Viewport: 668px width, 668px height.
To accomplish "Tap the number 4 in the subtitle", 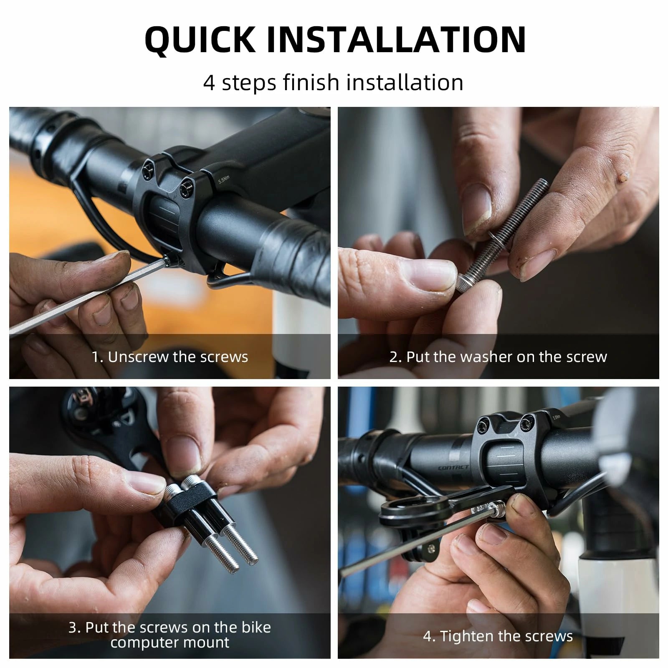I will (209, 82).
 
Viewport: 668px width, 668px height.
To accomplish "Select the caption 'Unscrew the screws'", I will (178, 357).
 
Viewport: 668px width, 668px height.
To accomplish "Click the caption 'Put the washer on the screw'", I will (506, 357).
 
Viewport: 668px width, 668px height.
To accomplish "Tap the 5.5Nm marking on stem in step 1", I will (224, 180).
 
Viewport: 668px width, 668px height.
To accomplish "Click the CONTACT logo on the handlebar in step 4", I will (453, 468).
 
